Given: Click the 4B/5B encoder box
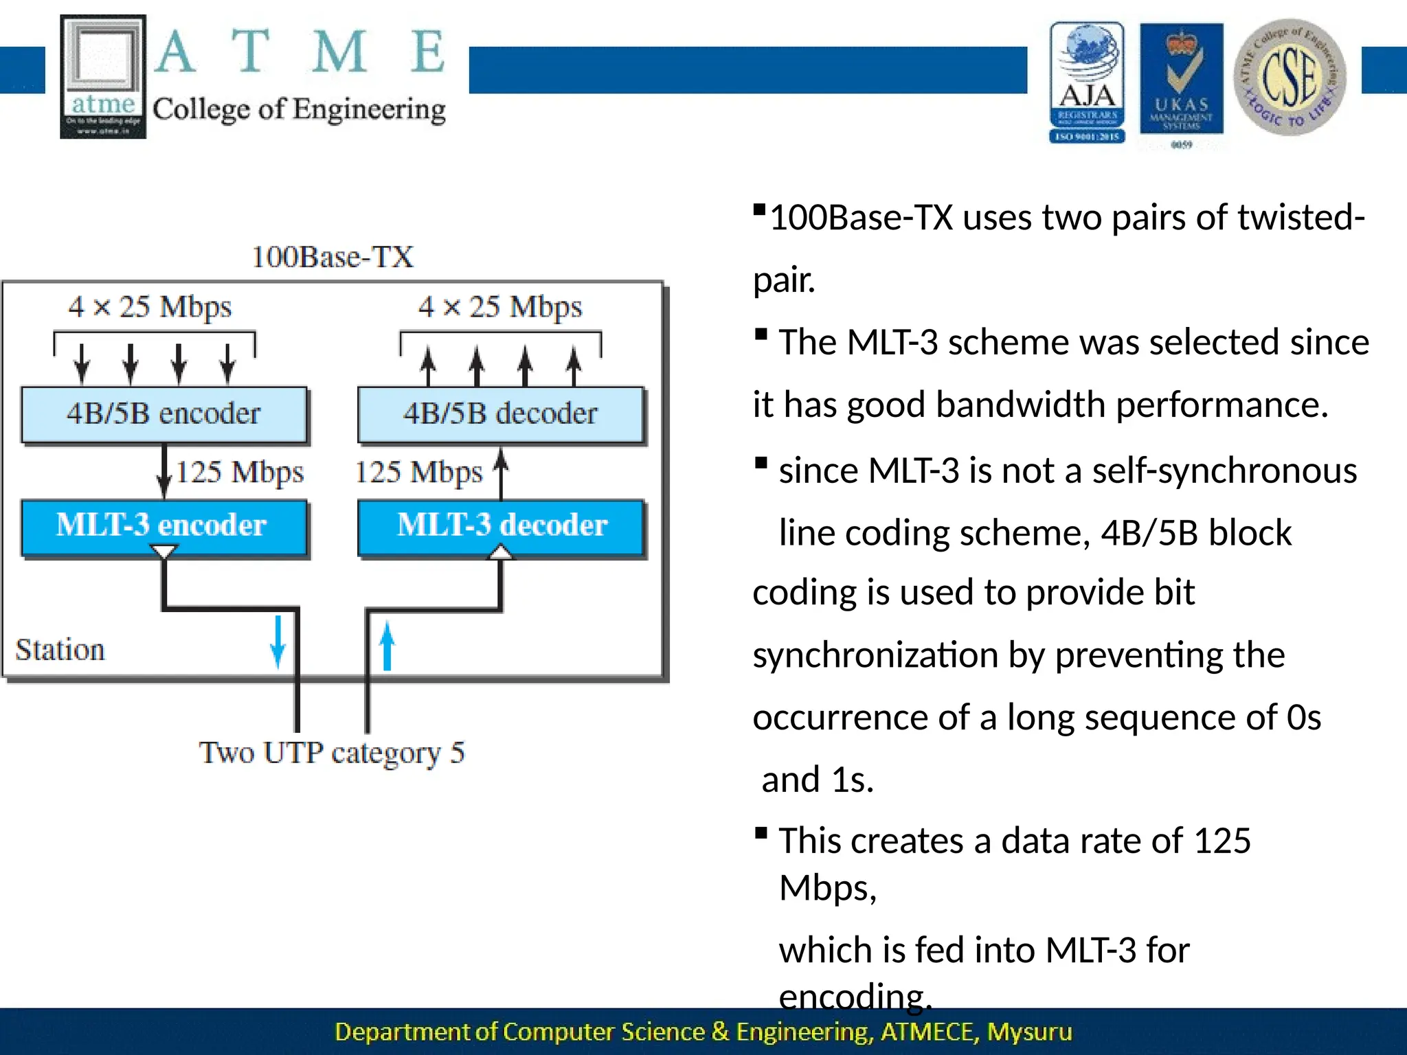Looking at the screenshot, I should tap(164, 414).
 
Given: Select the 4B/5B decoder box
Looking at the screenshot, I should tap(500, 414).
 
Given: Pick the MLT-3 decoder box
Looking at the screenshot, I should tap(502, 525).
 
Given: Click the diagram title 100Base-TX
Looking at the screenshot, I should tap(333, 258).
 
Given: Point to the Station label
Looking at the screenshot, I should tap(60, 650).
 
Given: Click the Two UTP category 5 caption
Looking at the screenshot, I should tap(332, 753).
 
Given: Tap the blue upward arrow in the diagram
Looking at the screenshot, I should tap(387, 646).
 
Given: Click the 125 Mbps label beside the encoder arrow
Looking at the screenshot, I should tap(240, 473).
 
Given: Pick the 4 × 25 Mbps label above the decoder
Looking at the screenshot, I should tap(500, 307).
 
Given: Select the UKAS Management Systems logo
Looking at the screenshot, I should tap(1181, 81).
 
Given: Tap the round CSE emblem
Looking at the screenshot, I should tap(1290, 77).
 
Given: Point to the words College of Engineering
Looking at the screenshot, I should tap(299, 110).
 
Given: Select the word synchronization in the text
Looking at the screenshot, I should tap(875, 655).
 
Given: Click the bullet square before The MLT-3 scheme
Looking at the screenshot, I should tap(761, 334).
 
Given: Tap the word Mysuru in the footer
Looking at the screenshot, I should tap(1029, 1032).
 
